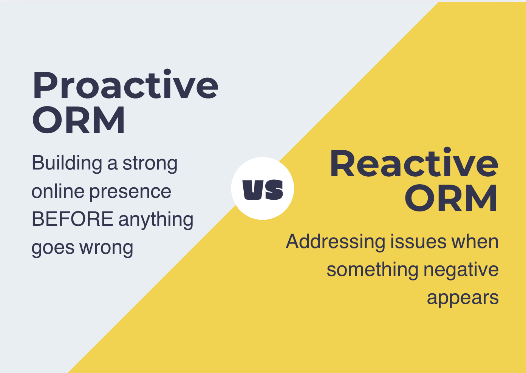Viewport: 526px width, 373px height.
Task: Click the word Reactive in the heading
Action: pyautogui.click(x=414, y=162)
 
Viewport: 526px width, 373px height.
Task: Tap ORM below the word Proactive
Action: pyautogui.click(x=79, y=120)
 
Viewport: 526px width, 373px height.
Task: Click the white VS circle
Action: pyautogui.click(x=263, y=188)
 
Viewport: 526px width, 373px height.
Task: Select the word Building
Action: pyautogui.click(x=67, y=163)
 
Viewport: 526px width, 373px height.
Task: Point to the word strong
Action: pyautogui.click(x=150, y=163)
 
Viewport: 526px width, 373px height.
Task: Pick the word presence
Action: pyautogui.click(x=130, y=193)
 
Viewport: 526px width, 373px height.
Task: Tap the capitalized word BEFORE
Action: pyautogui.click(x=73, y=219)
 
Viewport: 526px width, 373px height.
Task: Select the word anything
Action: pyautogui.click(x=156, y=220)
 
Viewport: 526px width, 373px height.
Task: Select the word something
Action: pyautogui.click(x=373, y=270)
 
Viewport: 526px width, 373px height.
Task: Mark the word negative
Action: pyautogui.click(x=461, y=270)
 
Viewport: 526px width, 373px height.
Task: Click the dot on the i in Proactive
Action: pyautogui.click(x=167, y=72)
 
